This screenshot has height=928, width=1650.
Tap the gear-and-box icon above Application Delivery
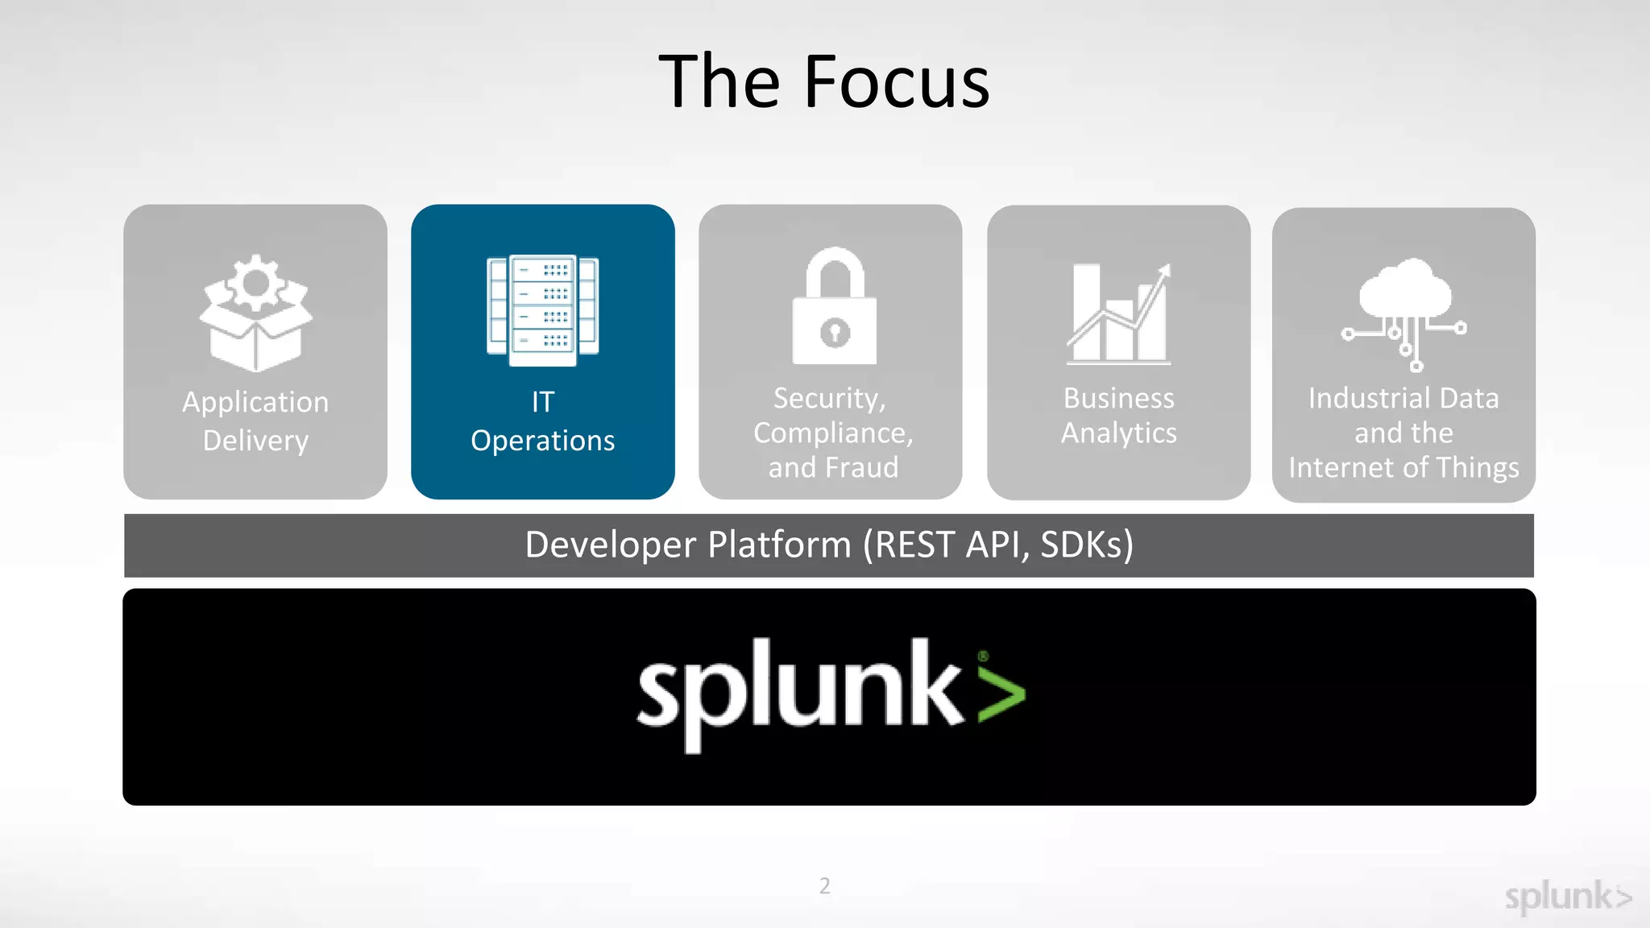click(x=255, y=313)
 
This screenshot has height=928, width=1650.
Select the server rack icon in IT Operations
click(x=543, y=310)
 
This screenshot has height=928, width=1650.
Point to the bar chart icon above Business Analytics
click(x=1118, y=313)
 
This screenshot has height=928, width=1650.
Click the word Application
click(x=255, y=402)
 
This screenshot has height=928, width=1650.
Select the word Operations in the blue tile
click(x=542, y=441)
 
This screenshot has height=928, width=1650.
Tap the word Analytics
click(x=1118, y=433)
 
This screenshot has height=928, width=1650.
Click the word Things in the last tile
click(x=1478, y=468)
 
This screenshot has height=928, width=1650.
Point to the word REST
click(x=915, y=545)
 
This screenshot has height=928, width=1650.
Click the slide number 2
click(x=824, y=886)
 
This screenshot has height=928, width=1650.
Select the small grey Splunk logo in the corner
click(x=1567, y=897)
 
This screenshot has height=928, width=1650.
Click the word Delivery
click(x=255, y=441)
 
